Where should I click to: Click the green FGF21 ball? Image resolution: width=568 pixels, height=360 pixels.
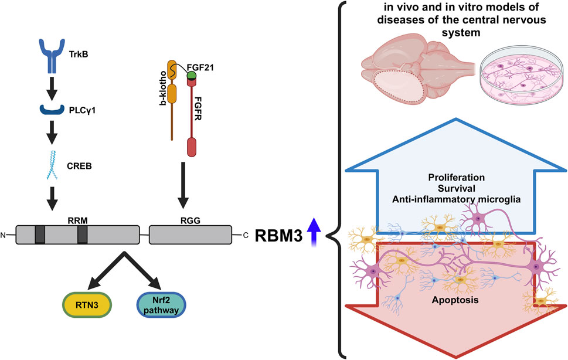tap(191, 76)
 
